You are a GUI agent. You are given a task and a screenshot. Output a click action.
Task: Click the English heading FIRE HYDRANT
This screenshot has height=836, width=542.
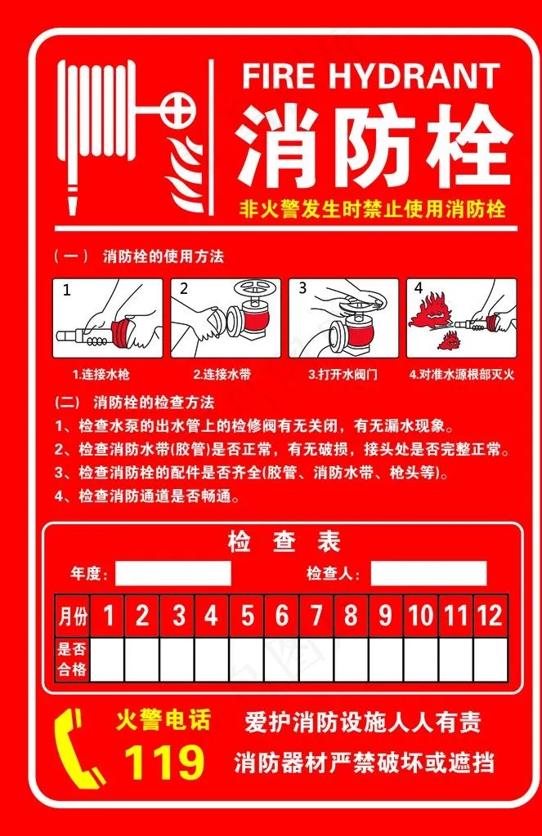click(x=371, y=76)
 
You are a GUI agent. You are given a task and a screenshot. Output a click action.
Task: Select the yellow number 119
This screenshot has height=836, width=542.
click(x=164, y=762)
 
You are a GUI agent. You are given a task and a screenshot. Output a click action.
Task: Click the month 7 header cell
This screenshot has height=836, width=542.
click(x=316, y=616)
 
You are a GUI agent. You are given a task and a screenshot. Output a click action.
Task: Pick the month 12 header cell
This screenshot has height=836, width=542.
click(x=490, y=616)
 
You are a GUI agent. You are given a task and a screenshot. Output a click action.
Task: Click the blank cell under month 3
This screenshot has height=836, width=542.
click(x=177, y=659)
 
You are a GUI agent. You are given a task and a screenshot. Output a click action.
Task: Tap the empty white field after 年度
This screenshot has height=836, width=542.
click(x=173, y=573)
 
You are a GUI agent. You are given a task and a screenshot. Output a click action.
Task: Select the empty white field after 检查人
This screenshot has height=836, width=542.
click(x=429, y=573)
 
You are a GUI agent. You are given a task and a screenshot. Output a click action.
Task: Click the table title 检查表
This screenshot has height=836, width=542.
click(x=284, y=542)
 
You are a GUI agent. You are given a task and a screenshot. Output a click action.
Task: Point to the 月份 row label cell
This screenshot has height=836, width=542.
click(x=73, y=616)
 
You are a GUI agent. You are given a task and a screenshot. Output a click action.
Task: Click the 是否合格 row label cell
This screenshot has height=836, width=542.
click(x=73, y=659)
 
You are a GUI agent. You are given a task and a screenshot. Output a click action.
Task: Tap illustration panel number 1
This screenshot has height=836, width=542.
click(x=107, y=318)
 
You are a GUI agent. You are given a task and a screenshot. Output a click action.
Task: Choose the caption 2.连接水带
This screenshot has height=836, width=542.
click(x=222, y=374)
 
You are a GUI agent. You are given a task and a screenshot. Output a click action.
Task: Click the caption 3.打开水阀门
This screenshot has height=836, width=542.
click(x=343, y=374)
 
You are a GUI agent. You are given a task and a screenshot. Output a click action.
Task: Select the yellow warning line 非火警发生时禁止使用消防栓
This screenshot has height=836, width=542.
click(x=372, y=208)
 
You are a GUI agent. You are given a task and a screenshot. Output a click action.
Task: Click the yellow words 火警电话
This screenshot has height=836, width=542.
click(x=163, y=720)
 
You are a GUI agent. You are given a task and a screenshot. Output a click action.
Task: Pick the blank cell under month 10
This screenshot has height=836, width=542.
click(x=421, y=659)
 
